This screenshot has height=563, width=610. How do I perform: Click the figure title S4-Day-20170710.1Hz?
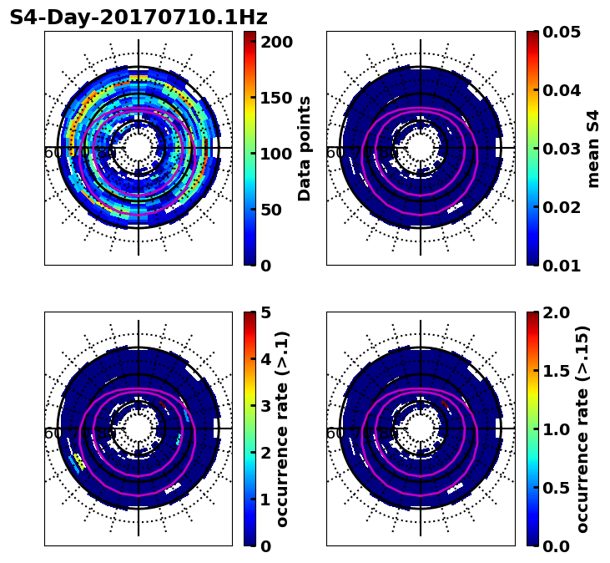[x=139, y=18]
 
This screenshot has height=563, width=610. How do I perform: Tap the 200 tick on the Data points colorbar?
[x=276, y=42]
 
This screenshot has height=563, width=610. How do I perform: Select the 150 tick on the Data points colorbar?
[x=276, y=98]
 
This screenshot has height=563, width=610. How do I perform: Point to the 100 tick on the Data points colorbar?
[x=276, y=154]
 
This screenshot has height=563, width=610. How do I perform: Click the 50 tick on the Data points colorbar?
[x=276, y=210]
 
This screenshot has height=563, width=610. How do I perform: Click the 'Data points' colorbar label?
[x=305, y=149]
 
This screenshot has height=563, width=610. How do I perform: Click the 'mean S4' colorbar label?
[x=594, y=149]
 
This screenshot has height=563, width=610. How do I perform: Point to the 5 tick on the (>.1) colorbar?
[x=265, y=312]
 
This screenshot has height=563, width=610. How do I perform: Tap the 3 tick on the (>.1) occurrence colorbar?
[x=265, y=406]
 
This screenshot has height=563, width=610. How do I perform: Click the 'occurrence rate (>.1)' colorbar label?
[x=283, y=429]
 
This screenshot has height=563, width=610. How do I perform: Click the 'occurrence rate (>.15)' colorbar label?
[x=583, y=429]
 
